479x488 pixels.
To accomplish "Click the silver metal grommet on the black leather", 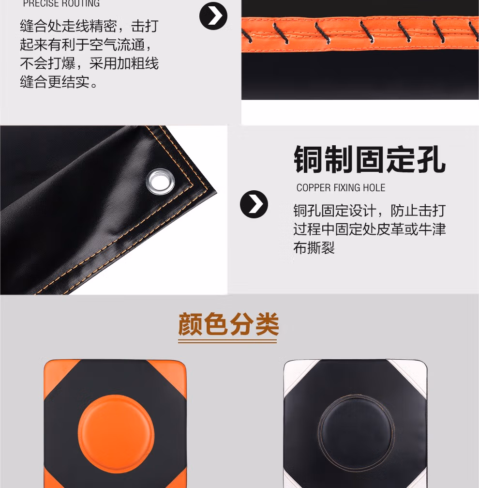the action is pos(160,182).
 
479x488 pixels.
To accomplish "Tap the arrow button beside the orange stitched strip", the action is pos(213,16).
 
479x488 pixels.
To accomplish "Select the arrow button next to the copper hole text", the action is pos(254,204).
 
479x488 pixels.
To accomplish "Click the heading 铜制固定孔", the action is pos(370,159).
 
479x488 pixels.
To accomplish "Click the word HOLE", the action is pos(374,188).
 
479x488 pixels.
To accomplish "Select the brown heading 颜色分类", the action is pos(228,324).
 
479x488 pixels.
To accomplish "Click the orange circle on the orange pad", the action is pos(116,434).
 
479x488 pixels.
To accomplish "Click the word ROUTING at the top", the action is pos(80,3).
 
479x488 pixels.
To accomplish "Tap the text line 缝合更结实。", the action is pos(59,82).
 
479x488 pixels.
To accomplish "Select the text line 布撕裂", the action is pos(314,248).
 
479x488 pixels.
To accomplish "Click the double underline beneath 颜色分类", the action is pos(227,341).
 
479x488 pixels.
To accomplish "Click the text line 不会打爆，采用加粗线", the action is pos(89,63).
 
